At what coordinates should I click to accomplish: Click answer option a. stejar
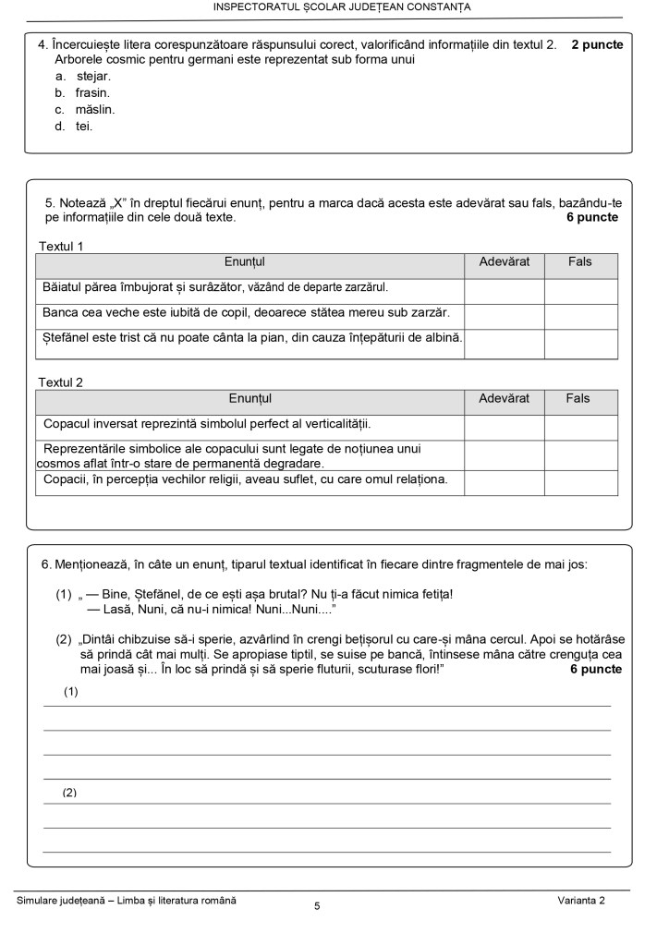(92, 76)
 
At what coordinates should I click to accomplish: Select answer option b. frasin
(91, 92)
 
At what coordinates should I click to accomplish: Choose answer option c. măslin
(94, 109)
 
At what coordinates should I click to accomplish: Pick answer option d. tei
(83, 126)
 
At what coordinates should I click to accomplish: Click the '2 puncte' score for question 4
(597, 44)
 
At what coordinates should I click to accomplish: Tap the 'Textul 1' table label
(61, 247)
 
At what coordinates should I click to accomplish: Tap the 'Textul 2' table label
(61, 382)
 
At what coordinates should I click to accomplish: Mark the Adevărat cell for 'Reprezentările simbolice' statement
(504, 454)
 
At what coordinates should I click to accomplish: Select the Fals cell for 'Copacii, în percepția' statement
(579, 481)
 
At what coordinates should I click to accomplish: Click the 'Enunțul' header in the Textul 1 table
(249, 262)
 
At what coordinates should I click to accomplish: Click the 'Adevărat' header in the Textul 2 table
(504, 398)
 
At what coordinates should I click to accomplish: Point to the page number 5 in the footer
(317, 906)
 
